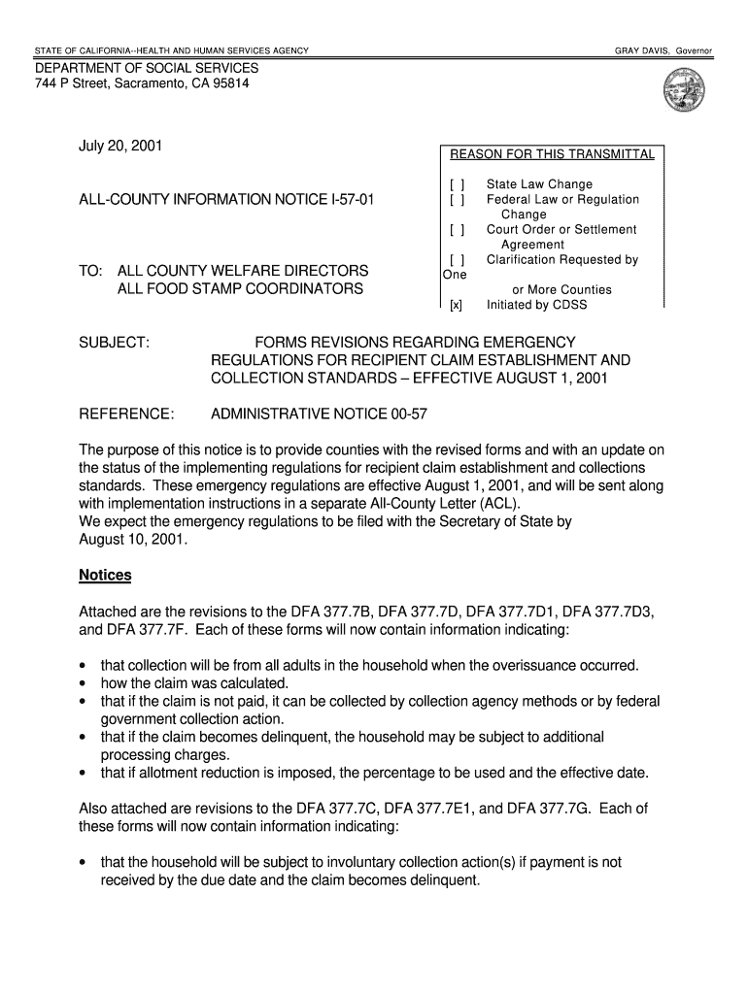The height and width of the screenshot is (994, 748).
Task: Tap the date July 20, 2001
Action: point(120,147)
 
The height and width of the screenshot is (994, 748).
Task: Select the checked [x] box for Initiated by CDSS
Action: point(455,305)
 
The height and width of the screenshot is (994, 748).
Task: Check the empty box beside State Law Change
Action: point(457,184)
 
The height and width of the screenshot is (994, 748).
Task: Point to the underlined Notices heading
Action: point(105,576)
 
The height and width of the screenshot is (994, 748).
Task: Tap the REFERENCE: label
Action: point(126,414)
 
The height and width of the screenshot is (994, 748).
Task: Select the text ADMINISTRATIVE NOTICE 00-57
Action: point(319,414)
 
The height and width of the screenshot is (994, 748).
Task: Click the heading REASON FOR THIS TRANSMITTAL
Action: point(552,154)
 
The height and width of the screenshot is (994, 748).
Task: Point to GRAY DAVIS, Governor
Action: point(663,50)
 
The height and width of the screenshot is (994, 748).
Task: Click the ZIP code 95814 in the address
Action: point(228,84)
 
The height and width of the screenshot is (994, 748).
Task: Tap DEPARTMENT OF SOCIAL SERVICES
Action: point(148,69)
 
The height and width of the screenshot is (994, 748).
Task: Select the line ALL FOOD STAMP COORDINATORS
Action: point(240,289)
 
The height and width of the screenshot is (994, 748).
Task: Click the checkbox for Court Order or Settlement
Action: point(457,230)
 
